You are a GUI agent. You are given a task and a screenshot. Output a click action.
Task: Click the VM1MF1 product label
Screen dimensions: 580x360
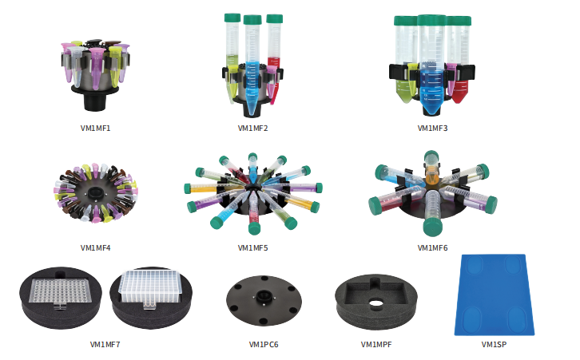pos(95,129)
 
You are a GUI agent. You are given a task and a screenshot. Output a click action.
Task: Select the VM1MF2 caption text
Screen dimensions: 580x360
pos(252,129)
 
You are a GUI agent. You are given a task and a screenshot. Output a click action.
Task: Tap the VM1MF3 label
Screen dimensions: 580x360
pos(432,129)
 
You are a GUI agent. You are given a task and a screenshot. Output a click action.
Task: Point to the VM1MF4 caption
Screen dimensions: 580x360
pos(95,247)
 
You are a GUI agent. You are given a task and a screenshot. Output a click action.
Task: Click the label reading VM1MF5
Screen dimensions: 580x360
pos(252,247)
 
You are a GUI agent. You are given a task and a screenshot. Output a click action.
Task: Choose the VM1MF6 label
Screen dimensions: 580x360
pos(432,247)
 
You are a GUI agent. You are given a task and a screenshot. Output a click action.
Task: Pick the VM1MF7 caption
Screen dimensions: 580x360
pos(105,345)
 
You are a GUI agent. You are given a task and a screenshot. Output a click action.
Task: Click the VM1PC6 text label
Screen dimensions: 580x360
pos(264,345)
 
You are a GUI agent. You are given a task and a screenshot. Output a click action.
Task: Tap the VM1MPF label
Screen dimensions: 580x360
pos(376,345)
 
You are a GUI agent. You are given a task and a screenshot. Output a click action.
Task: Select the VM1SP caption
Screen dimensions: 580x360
pos(494,345)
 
